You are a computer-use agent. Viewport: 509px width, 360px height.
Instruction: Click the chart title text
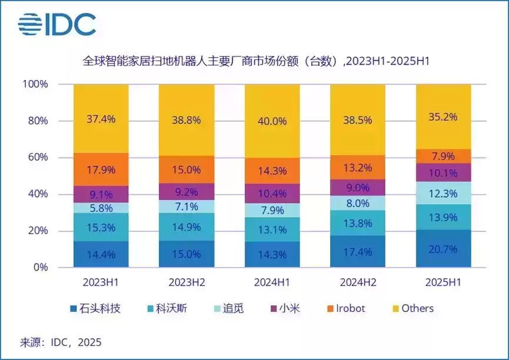pyautogui.click(x=255, y=61)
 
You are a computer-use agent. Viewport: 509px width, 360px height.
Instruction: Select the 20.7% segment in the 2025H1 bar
pyautogui.click(x=444, y=248)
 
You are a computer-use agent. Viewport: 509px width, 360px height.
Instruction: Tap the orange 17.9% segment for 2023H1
pyautogui.click(x=101, y=169)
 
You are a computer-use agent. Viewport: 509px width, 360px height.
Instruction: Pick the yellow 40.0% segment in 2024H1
pyautogui.click(x=272, y=121)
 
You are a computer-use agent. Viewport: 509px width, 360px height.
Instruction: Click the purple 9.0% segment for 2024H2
pyautogui.click(x=358, y=188)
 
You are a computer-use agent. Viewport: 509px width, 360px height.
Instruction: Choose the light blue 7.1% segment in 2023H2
pyautogui.click(x=187, y=206)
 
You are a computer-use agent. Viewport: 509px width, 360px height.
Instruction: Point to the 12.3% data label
pyautogui.click(x=444, y=192)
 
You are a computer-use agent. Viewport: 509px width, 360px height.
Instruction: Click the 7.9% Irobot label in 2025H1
pyautogui.click(x=444, y=156)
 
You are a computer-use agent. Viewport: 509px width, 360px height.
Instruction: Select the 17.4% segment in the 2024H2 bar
pyautogui.click(x=358, y=252)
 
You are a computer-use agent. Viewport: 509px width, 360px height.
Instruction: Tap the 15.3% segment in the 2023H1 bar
pyautogui.click(x=101, y=227)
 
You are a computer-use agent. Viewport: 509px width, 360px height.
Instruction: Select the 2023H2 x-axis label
pyautogui.click(x=187, y=282)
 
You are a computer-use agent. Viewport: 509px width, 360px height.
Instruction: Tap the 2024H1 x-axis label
pyautogui.click(x=272, y=282)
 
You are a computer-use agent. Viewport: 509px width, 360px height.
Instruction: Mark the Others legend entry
pyautogui.click(x=412, y=308)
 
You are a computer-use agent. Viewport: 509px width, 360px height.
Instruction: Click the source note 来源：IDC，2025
pyautogui.click(x=61, y=342)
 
